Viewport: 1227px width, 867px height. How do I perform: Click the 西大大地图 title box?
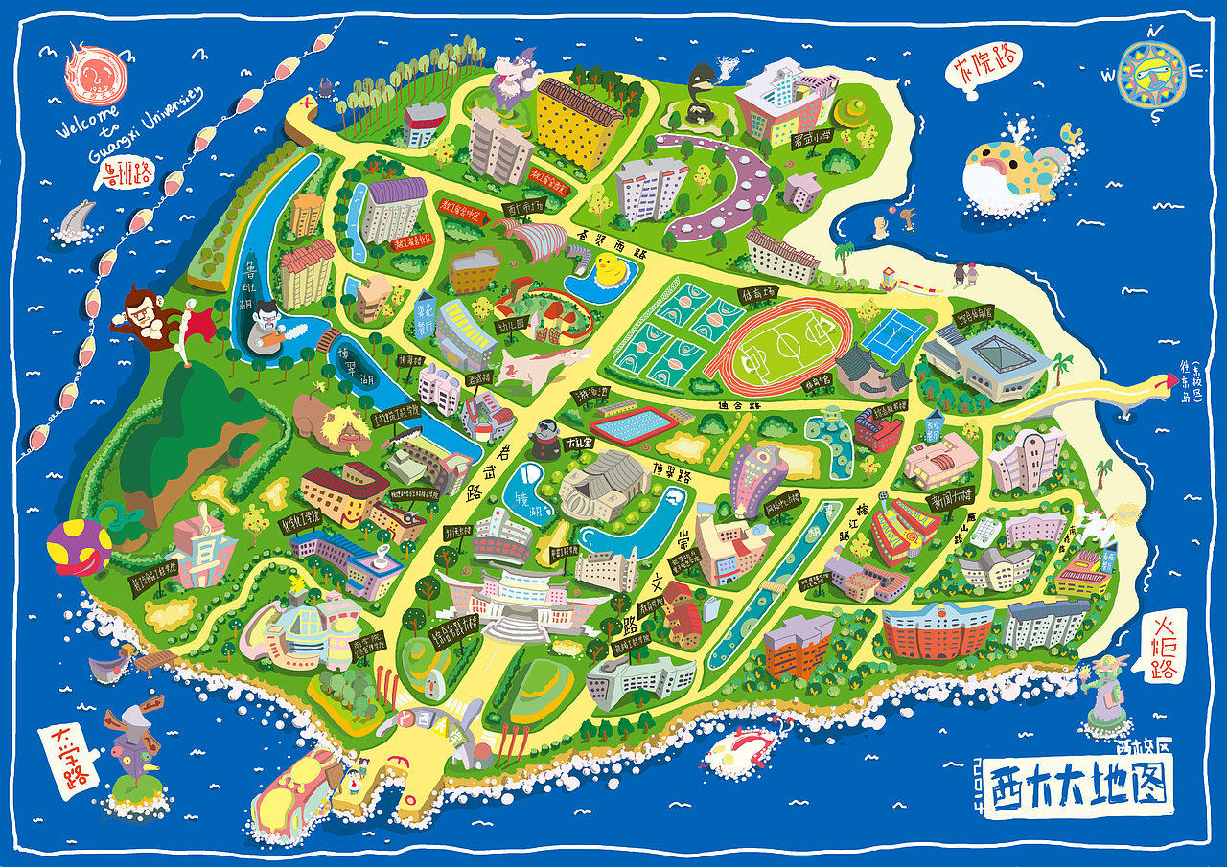pyautogui.click(x=1078, y=786)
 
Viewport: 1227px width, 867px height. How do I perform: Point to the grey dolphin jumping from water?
pyautogui.click(x=75, y=219)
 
